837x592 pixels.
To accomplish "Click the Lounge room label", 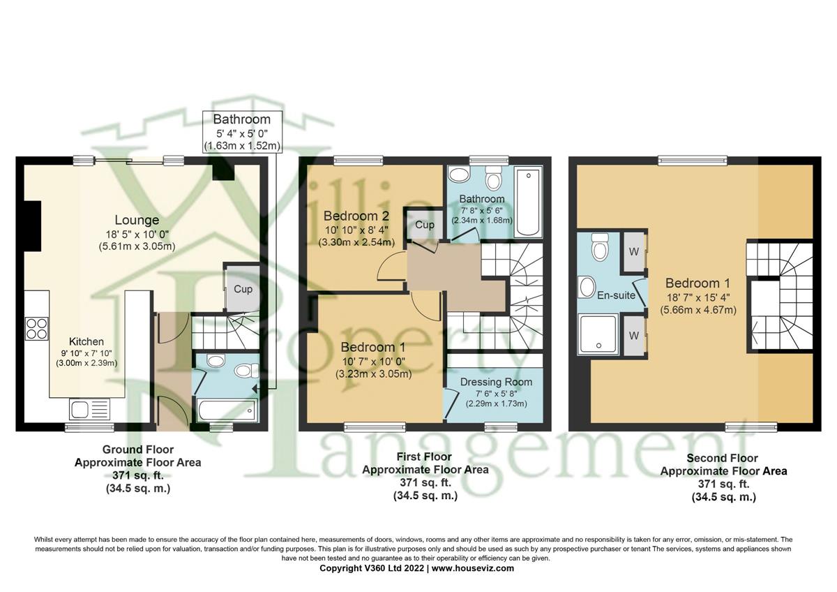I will [137, 221].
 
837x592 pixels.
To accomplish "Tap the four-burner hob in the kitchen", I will [36, 328].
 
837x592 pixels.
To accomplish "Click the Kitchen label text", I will [86, 342].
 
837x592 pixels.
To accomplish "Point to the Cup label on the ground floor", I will [243, 289].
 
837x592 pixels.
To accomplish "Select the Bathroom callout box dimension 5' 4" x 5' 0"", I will [241, 133].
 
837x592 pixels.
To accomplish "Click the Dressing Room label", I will [496, 382].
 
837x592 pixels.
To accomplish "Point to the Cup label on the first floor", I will [424, 225].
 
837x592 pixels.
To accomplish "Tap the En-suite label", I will [616, 295].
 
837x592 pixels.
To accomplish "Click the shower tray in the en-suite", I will [597, 334].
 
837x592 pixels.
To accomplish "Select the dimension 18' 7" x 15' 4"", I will [697, 297].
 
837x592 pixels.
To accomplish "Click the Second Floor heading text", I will [724, 458].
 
